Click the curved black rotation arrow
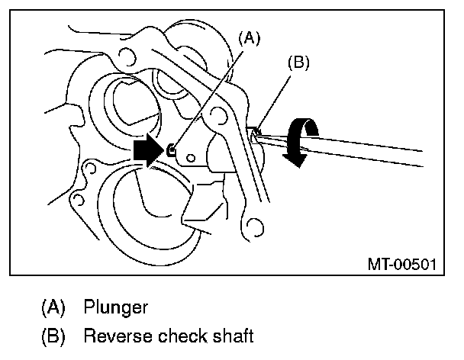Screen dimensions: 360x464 [300, 137]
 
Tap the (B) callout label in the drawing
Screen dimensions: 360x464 [297, 63]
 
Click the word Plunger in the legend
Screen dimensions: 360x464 [116, 308]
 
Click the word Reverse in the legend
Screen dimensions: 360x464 [111, 335]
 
